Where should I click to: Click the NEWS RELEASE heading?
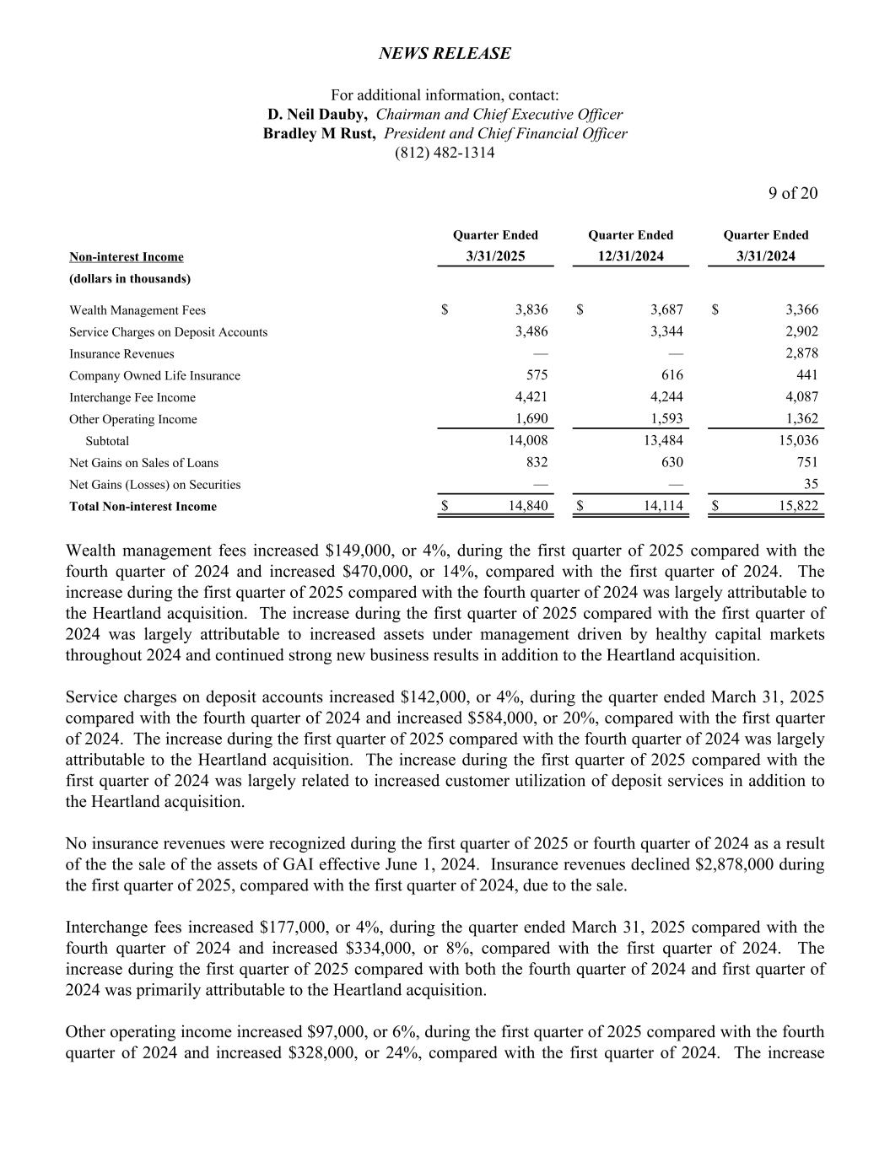(x=445, y=53)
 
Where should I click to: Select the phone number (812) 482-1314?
(x=445, y=153)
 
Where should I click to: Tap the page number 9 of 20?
(x=792, y=193)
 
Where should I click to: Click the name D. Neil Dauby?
(x=317, y=115)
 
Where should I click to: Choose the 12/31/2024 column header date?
(x=630, y=256)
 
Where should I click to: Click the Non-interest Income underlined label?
(x=126, y=257)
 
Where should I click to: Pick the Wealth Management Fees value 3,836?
(x=531, y=309)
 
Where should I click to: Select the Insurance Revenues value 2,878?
(x=801, y=353)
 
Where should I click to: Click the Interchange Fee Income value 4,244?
(x=666, y=397)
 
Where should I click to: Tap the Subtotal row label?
(x=107, y=441)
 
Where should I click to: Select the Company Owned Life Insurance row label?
(x=154, y=376)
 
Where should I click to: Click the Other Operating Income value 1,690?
(x=531, y=419)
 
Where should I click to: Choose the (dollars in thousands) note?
(x=129, y=278)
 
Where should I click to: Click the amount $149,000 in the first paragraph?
(x=359, y=551)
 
